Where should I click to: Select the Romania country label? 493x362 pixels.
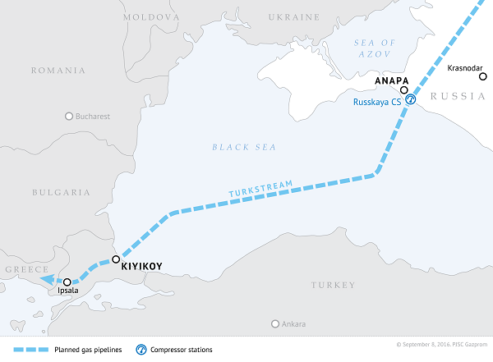coord(58,71)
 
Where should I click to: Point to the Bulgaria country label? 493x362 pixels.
coord(61,192)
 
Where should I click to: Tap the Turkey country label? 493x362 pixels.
coord(334,285)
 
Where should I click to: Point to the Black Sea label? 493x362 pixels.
coord(244,147)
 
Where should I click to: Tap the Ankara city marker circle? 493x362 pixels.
coord(276,323)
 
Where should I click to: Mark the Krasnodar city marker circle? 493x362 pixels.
coord(482,76)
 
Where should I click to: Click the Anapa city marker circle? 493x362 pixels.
coord(404,89)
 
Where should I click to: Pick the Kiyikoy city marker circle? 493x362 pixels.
coord(115,259)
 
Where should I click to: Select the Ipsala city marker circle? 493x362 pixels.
coord(67,282)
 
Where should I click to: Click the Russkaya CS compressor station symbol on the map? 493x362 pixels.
coord(411,99)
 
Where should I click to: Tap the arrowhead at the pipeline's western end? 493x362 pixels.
coord(43,279)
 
